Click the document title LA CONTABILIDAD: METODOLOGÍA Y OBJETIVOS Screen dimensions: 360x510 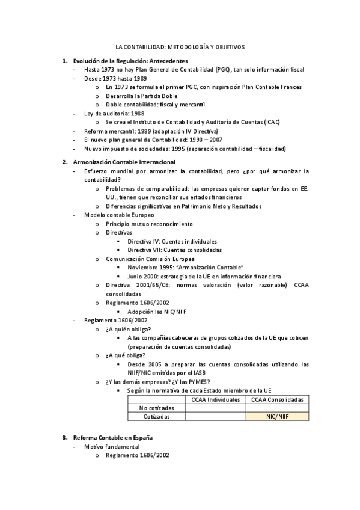180,47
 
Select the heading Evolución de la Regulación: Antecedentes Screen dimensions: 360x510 130,61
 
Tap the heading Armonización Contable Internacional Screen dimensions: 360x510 124,162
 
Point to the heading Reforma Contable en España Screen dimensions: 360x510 112,437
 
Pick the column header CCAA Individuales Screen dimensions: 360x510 215,399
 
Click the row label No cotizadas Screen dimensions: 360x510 156,408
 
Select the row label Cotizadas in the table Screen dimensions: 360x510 156,416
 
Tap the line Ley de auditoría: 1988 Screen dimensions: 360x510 114,113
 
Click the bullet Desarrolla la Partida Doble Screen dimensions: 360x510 141,96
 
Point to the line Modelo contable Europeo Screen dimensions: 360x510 119,215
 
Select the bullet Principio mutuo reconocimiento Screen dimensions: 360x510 149,224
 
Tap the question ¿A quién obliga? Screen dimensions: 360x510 128,329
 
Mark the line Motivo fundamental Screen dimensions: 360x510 112,447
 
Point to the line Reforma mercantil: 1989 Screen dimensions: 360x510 151,131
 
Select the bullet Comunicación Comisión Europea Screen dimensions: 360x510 150,259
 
